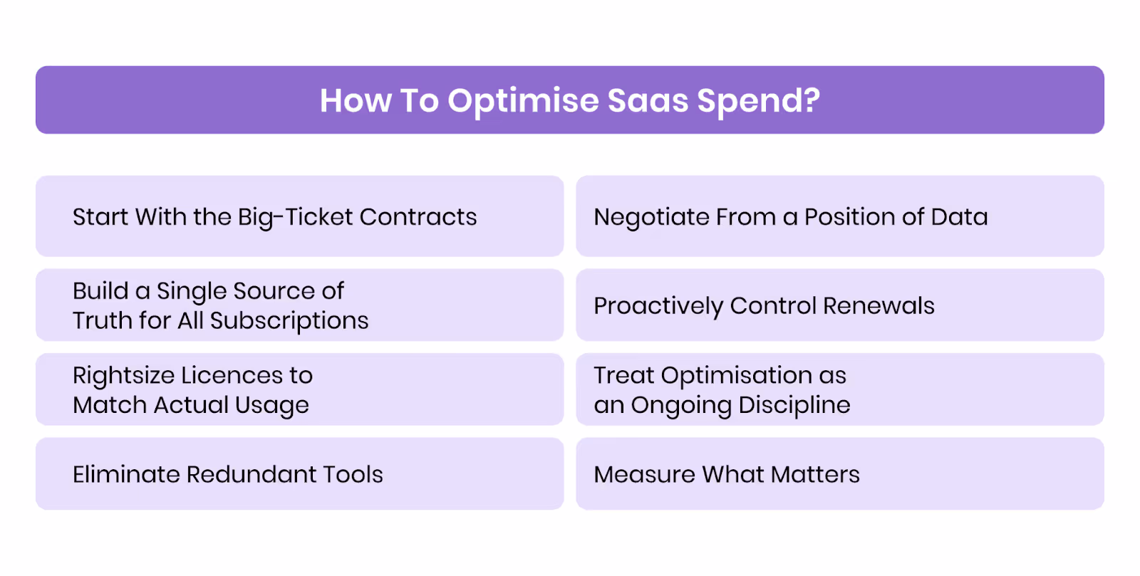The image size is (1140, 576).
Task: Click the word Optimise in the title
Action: coord(523,101)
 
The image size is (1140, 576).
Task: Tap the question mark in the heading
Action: coord(811,100)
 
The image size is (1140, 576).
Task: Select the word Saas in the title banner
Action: coord(648,100)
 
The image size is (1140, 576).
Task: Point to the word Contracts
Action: coord(418,216)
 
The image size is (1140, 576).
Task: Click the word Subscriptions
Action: coord(289,321)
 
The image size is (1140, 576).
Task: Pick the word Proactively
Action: coord(658,306)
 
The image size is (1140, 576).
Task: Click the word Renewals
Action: coord(879,305)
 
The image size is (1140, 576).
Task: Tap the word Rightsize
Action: coord(123,376)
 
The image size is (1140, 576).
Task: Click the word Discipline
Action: coord(794,405)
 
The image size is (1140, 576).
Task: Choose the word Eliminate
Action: coord(125,474)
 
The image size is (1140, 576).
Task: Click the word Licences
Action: coord(232,375)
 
